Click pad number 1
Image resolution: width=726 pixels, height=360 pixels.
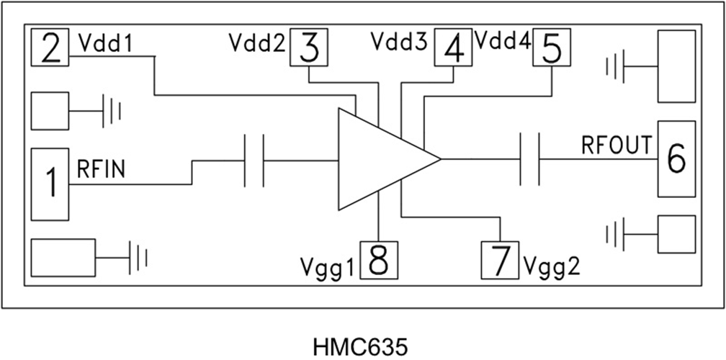point(50,184)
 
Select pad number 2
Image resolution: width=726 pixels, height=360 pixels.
point(50,49)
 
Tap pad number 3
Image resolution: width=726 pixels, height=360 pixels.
point(308,49)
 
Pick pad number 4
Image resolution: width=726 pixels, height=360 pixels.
point(453,49)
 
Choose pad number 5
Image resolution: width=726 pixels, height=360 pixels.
point(552,49)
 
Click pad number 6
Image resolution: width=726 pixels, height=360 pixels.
point(676,158)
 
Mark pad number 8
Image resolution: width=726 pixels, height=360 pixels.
point(379,260)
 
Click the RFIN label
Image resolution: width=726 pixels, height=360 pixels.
point(102,170)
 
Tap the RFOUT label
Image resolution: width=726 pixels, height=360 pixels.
point(617,145)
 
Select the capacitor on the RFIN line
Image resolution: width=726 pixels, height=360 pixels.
point(254,159)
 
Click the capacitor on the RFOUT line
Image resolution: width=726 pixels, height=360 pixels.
point(529,159)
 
